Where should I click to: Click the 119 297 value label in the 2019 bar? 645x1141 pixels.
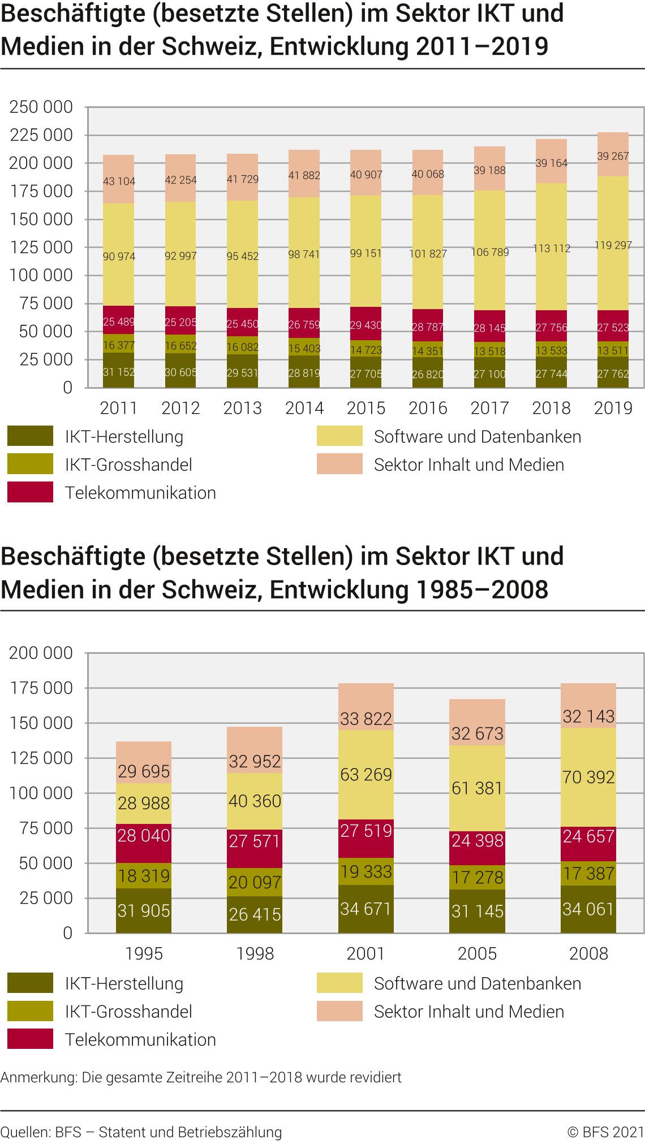[613, 245]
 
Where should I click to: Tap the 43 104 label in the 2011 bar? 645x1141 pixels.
[119, 181]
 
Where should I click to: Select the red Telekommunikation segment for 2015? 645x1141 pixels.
[365, 324]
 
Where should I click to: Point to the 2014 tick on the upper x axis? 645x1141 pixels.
[304, 408]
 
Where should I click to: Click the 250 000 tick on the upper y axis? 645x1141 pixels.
[41, 107]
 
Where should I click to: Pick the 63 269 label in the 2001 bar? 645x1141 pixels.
[365, 774]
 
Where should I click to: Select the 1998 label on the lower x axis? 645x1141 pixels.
[255, 953]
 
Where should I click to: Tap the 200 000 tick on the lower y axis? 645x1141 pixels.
[41, 653]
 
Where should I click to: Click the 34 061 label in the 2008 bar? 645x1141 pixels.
[588, 909]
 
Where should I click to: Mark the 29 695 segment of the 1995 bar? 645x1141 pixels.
[144, 763]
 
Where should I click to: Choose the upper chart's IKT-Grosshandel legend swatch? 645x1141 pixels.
[30, 464]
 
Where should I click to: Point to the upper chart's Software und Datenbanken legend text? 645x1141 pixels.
[478, 437]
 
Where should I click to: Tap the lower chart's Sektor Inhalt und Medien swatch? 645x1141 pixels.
[339, 1011]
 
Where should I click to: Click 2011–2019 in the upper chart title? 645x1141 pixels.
[482, 46]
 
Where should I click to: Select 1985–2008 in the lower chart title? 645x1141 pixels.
[482, 590]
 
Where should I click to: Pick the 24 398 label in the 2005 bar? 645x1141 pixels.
[477, 840]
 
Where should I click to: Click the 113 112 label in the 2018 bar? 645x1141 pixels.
[551, 248]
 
